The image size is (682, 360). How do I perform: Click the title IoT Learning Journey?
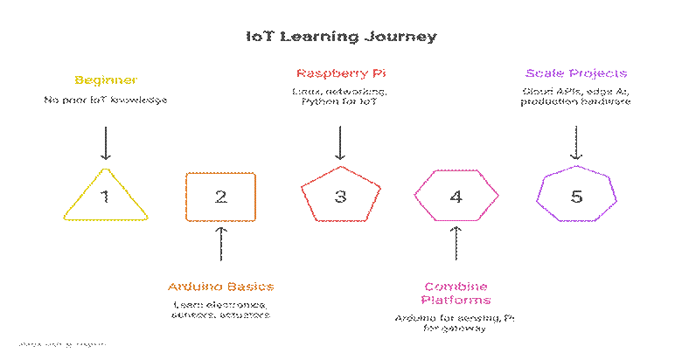[x=340, y=38]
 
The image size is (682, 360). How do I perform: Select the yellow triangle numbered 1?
[x=105, y=196]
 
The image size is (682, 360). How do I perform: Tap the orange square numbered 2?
[x=220, y=197]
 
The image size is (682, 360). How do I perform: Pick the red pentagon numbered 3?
[x=340, y=197]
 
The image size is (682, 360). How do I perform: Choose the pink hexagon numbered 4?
[x=456, y=197]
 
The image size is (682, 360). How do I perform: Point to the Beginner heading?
[x=105, y=80]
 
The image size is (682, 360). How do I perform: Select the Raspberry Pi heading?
[x=340, y=73]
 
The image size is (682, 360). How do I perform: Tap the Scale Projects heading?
[x=576, y=73]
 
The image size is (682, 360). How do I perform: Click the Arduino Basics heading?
[x=220, y=287]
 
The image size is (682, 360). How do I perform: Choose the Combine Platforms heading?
[x=456, y=294]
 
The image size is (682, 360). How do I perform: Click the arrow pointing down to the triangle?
[x=105, y=142]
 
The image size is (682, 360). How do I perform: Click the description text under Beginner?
[x=105, y=100]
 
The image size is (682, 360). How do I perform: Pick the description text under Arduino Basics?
[x=220, y=309]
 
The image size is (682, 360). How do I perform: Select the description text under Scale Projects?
[x=576, y=97]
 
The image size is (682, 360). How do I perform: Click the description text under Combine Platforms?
[x=456, y=323]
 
